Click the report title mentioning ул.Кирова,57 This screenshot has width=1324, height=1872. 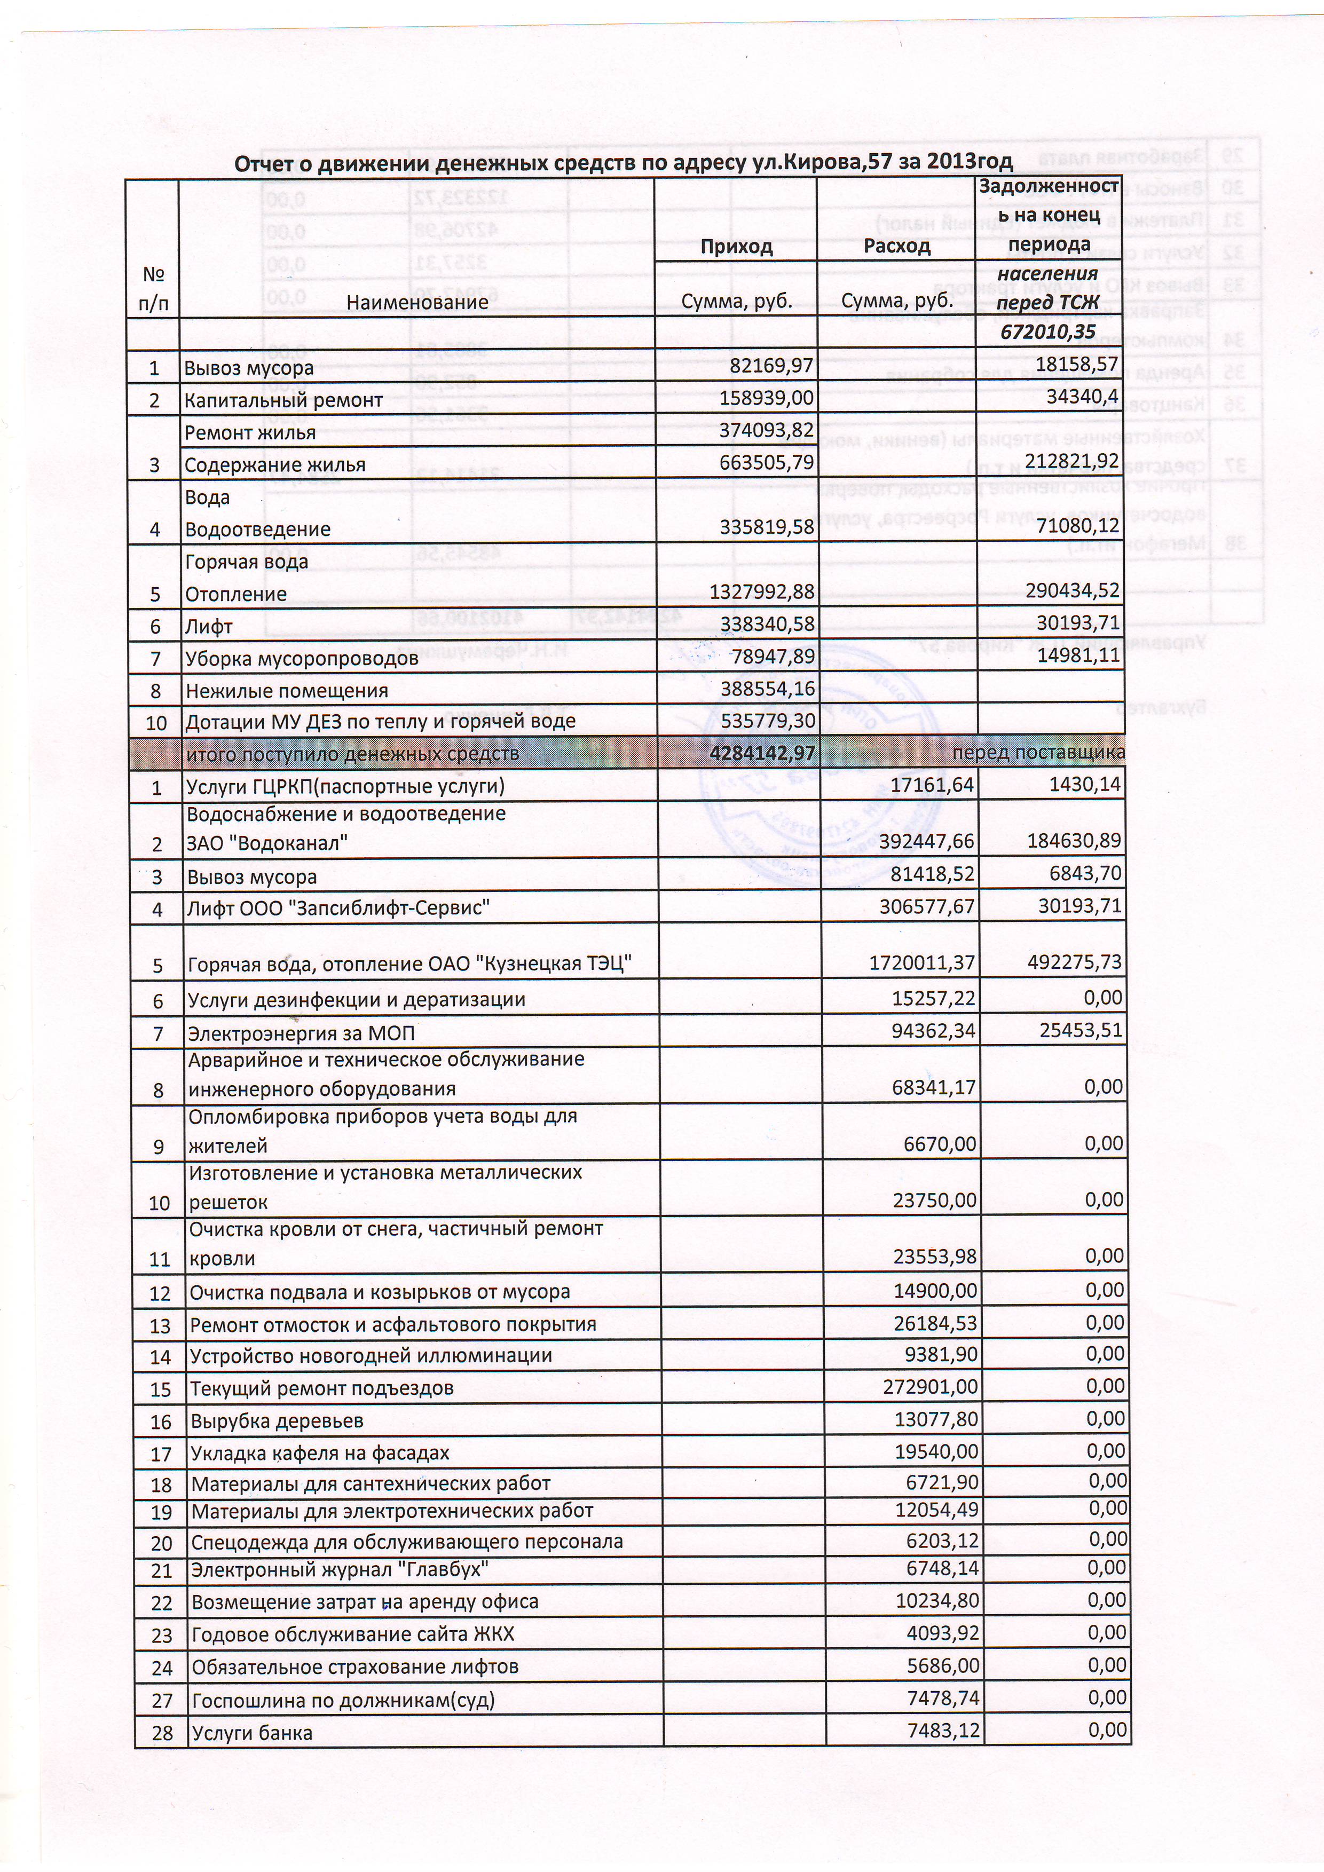click(624, 163)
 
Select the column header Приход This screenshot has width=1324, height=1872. click(736, 246)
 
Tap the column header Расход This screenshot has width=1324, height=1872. click(897, 246)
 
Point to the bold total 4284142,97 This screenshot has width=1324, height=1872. click(762, 753)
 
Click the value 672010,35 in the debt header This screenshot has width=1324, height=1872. click(1049, 332)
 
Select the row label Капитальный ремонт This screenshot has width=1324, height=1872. click(283, 400)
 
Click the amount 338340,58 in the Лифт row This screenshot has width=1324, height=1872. click(766, 626)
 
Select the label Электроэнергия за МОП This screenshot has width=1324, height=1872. click(301, 1034)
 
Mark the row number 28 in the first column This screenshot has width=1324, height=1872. click(162, 1733)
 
